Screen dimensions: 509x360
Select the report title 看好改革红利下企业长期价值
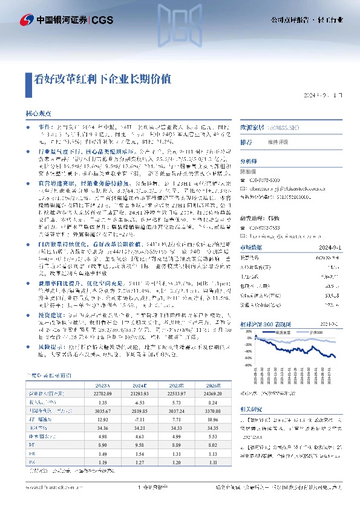coord(98,78)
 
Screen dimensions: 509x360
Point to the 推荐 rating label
coord(246,142)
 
